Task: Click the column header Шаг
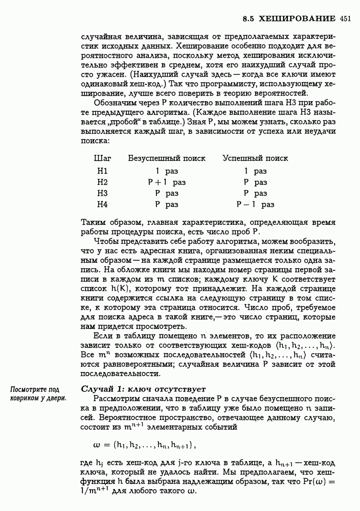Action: click(103, 158)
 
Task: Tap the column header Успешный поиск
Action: click(255, 158)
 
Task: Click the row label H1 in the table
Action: click(102, 171)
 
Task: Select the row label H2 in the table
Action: click(102, 182)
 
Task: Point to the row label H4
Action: click(102, 204)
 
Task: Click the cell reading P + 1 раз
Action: click(166, 182)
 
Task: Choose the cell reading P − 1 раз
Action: click(255, 204)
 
